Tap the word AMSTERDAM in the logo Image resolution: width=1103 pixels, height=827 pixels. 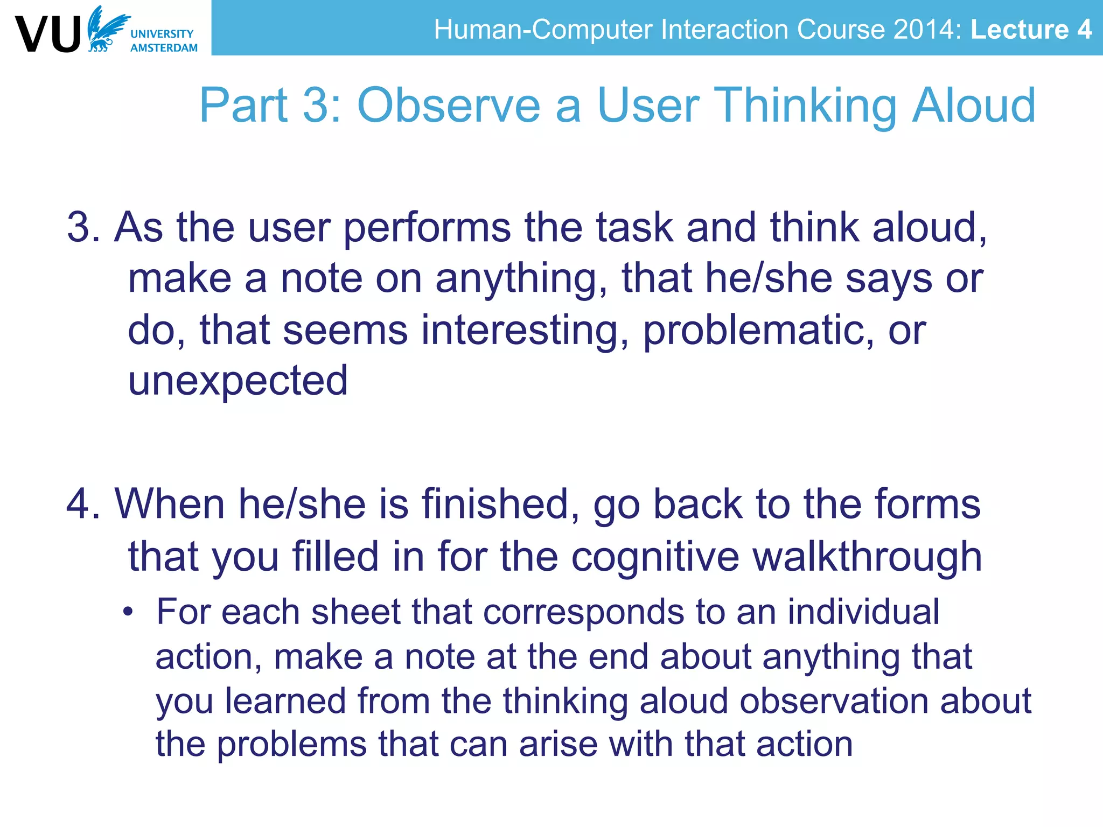click(164, 48)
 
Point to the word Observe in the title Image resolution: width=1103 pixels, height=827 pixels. click(449, 106)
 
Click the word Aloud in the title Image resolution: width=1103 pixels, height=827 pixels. click(973, 106)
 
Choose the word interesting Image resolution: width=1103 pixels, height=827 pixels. click(525, 331)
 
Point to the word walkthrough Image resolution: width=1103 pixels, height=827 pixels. click(867, 556)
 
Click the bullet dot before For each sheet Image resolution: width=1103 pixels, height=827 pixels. click(127, 612)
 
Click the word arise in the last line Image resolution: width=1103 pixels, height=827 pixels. click(559, 745)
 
